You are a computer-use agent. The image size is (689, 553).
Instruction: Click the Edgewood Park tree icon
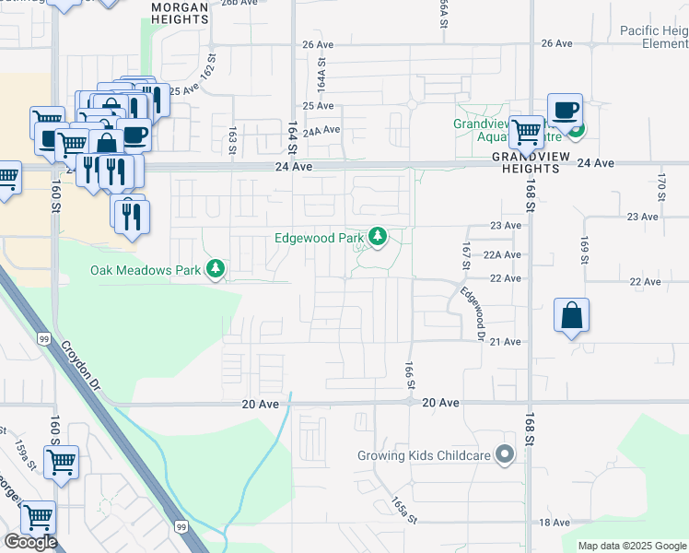point(377,238)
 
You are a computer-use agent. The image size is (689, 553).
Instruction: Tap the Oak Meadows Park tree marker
point(216,270)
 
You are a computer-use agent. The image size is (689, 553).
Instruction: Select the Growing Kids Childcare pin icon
point(504,454)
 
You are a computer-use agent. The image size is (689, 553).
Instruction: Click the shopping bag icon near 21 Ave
point(571,315)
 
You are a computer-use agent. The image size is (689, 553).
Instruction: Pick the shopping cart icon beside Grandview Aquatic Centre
point(526,131)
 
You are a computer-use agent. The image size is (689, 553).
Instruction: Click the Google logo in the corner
point(29,542)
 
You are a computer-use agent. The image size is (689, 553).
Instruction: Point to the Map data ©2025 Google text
point(633,546)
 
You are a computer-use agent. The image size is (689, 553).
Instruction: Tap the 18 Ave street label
point(555,523)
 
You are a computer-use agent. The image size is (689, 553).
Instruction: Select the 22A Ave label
point(503,254)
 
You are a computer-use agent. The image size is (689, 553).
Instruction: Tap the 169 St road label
point(583,249)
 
